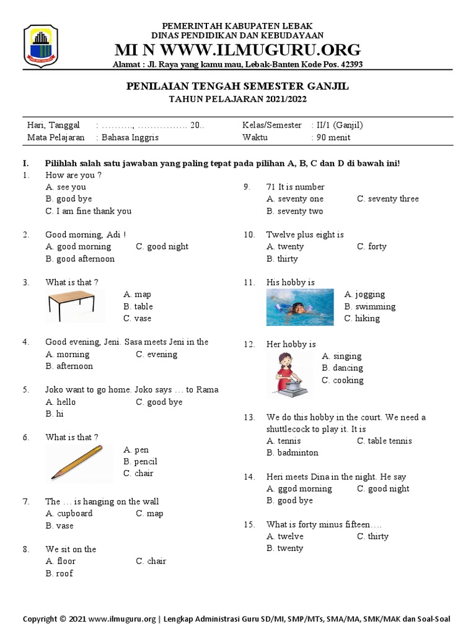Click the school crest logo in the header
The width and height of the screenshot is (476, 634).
(x=40, y=46)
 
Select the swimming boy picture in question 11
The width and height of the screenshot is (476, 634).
(x=300, y=308)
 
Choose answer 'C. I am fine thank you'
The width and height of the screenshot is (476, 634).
(x=88, y=211)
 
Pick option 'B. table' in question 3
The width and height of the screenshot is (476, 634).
(x=138, y=306)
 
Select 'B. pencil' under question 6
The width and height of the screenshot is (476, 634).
(x=140, y=462)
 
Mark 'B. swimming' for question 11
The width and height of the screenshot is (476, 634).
(x=369, y=306)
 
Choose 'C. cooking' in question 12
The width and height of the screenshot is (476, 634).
(x=342, y=380)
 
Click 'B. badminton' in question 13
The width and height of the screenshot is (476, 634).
(x=292, y=453)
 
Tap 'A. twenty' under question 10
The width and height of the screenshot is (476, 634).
(x=285, y=246)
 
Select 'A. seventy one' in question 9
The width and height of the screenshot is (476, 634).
(x=294, y=199)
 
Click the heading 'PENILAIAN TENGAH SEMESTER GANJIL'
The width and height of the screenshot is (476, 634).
(x=237, y=87)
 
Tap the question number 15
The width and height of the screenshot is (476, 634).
(x=249, y=524)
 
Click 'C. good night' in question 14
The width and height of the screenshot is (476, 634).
(x=383, y=489)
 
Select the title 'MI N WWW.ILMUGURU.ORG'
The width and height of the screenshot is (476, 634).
(x=237, y=50)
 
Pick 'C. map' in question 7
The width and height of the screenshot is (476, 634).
(x=149, y=513)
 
